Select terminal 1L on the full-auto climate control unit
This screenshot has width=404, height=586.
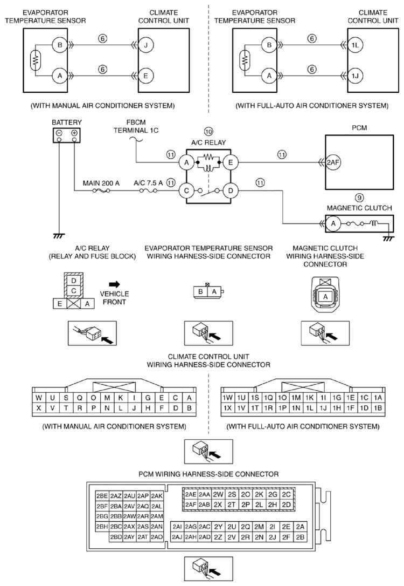click(x=353, y=46)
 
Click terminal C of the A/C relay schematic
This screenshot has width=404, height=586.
click(x=186, y=190)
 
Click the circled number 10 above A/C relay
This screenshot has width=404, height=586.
click(x=208, y=131)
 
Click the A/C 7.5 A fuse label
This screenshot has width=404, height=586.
click(x=149, y=183)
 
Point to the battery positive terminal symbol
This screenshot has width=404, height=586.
click(x=74, y=133)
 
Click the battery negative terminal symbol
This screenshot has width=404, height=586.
click(x=59, y=133)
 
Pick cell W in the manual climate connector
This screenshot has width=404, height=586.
click(x=39, y=398)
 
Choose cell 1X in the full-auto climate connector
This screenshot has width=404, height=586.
click(x=227, y=408)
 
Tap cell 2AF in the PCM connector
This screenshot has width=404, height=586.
click(x=190, y=505)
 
